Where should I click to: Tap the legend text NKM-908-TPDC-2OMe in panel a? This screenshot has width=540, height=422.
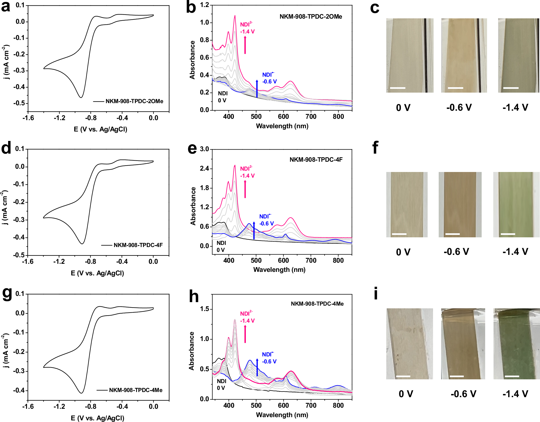134,101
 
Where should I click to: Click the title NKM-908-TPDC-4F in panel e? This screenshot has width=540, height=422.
316,160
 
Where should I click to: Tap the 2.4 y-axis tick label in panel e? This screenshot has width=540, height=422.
204,169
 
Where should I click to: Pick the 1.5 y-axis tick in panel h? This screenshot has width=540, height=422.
204,309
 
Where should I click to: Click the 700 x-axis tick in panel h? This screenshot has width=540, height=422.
311,406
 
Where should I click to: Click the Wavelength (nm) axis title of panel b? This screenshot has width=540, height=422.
282,126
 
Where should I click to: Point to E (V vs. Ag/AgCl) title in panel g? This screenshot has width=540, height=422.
97,418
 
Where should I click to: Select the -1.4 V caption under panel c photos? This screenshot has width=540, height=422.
515,107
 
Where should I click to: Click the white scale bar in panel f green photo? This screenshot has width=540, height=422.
508,234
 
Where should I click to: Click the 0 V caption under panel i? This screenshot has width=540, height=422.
406,394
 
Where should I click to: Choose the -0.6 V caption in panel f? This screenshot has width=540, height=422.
456,252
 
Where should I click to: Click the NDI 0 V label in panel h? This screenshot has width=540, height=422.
221,384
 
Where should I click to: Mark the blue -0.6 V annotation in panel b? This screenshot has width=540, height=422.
270,82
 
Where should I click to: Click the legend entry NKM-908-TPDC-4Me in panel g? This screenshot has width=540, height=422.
136,390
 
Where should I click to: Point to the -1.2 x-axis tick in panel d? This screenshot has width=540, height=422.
59,262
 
